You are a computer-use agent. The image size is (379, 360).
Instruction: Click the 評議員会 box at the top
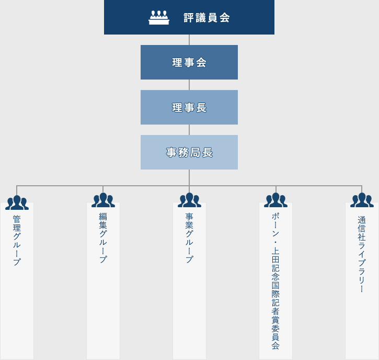[x=189, y=17]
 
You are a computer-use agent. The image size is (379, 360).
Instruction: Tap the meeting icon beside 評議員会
[x=159, y=18]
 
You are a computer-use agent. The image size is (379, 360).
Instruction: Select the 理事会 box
[x=189, y=62]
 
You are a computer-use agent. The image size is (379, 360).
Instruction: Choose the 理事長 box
[x=189, y=107]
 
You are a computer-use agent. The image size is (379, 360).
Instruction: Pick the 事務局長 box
[x=189, y=152]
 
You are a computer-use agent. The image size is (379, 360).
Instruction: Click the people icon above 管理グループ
[x=17, y=203]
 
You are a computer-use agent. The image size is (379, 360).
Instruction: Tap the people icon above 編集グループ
[x=103, y=200]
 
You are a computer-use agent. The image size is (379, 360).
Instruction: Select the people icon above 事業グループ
[x=189, y=200]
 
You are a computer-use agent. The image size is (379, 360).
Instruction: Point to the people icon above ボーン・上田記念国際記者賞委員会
[x=275, y=200]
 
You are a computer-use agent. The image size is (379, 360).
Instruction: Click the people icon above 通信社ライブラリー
[x=362, y=200]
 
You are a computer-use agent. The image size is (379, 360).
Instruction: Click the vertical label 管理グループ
[x=17, y=240]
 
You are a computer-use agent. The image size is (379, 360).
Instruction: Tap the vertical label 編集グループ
[x=103, y=238]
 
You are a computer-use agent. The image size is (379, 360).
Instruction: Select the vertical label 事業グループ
[x=189, y=238]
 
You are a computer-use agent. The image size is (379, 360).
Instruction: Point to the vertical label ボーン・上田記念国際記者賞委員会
[x=275, y=281]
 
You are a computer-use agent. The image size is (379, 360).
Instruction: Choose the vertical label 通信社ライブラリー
[x=362, y=254]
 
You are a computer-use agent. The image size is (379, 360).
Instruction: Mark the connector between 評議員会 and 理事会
[x=189, y=40]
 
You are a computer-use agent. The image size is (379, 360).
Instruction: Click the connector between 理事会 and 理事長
[x=189, y=85]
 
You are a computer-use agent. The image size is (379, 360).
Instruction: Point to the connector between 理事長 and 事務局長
[x=189, y=130]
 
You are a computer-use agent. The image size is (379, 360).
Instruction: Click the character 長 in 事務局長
[x=208, y=152]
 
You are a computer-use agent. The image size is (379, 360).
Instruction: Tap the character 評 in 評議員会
[x=189, y=18]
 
